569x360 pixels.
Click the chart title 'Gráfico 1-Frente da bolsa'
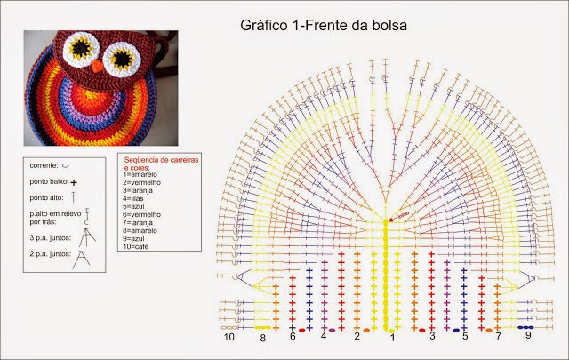(323, 26)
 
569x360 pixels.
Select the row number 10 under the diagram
(229, 338)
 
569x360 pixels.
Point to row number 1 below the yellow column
(390, 339)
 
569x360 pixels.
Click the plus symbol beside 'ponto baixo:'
(75, 181)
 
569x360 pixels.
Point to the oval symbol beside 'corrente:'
(67, 165)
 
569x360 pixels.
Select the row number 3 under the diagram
(433, 336)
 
